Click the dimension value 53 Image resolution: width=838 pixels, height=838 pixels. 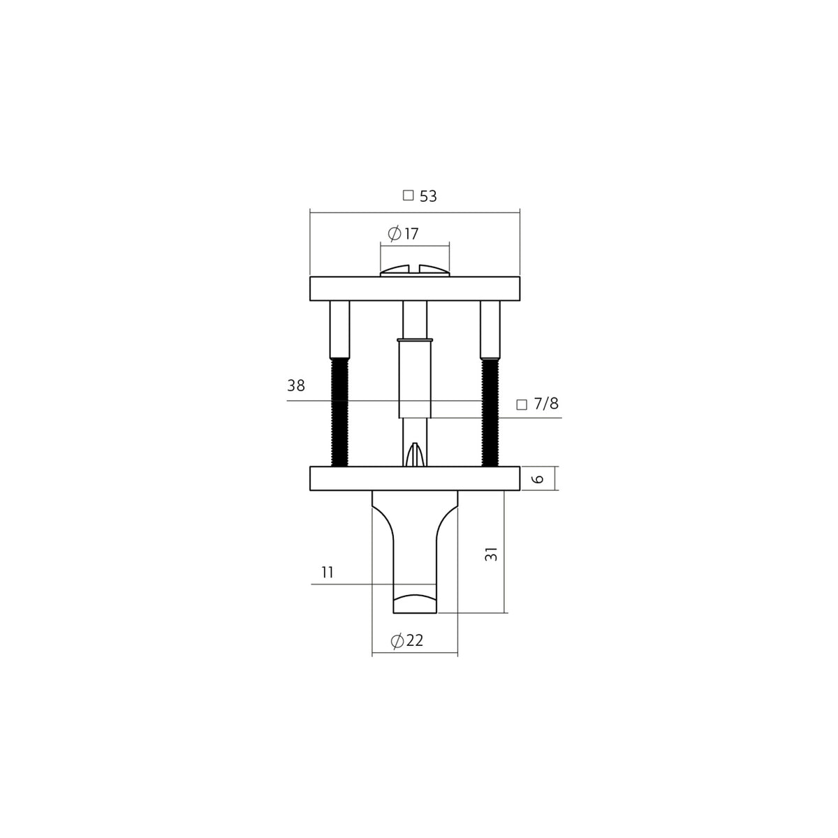[427, 196]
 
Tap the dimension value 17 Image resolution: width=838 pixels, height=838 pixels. [411, 234]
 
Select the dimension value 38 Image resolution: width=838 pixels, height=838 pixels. [296, 385]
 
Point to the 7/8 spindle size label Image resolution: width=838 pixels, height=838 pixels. [546, 404]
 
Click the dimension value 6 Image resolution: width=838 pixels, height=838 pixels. [538, 479]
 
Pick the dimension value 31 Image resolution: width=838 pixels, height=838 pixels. [491, 554]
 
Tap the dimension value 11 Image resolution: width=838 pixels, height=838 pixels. [327, 573]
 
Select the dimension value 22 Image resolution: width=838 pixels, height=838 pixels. [414, 640]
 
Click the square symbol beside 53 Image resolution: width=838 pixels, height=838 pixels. [408, 196]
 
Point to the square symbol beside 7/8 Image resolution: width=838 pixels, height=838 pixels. [522, 404]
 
